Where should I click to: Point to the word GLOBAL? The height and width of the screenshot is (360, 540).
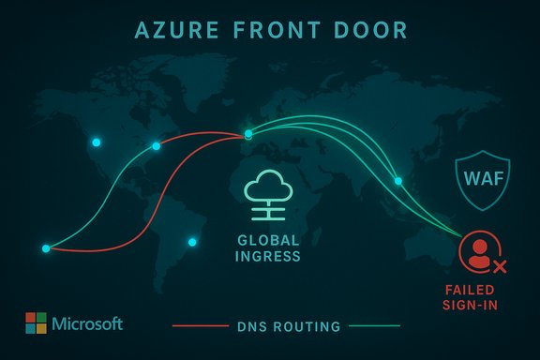pos(269,239)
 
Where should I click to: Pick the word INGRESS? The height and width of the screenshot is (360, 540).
pos(269,256)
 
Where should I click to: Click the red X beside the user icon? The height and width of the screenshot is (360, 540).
pos(500,267)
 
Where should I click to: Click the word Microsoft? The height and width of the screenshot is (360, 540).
pos(87,324)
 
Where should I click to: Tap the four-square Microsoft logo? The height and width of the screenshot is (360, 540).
pos(36,323)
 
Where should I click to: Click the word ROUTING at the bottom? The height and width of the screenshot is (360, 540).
pos(307,327)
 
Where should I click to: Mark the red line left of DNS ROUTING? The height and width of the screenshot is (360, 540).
pos(201,327)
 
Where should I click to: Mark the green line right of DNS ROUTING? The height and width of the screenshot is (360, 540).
pos(374,327)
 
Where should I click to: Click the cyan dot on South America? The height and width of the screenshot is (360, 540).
pos(193,243)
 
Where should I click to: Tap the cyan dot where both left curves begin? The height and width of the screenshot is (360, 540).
pos(45,248)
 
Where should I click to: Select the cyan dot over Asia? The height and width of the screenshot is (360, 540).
pos(397,181)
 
